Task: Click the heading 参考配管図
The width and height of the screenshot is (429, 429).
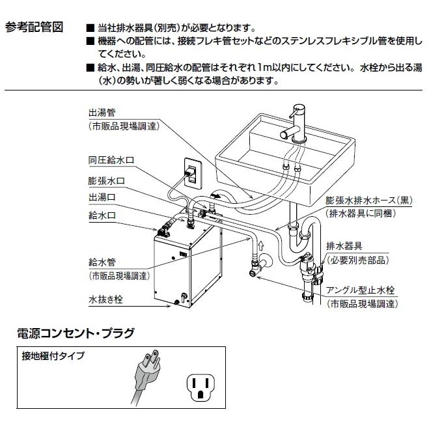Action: [34, 28]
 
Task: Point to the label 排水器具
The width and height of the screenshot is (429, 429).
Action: [346, 247]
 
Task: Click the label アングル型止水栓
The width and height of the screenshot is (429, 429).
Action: [362, 292]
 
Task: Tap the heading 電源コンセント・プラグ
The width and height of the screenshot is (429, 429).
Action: [75, 334]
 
